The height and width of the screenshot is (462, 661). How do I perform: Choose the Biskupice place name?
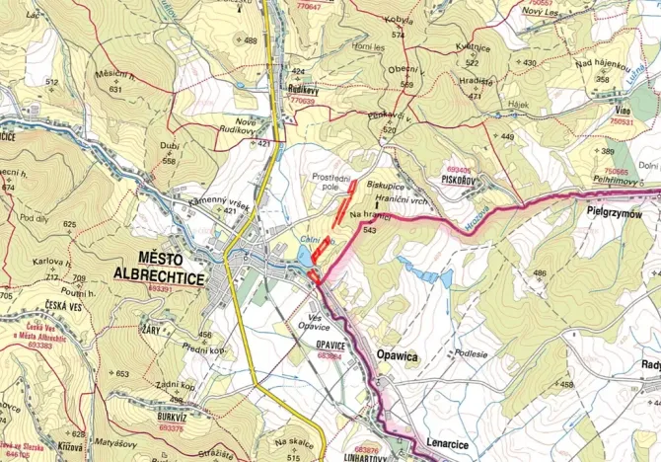[385, 184]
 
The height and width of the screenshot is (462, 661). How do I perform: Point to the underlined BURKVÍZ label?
[170, 420]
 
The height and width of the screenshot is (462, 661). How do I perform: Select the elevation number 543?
[370, 230]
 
